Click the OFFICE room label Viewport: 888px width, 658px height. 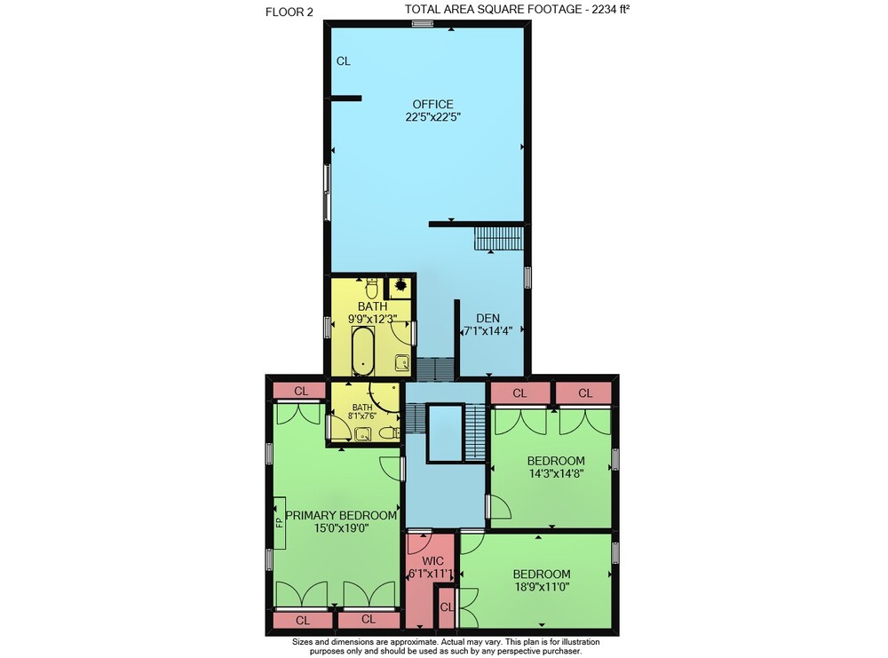[x=432, y=104]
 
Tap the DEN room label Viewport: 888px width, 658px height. [x=488, y=318]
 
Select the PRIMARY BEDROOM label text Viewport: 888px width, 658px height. [x=341, y=515]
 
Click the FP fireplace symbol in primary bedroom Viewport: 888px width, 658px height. [x=279, y=523]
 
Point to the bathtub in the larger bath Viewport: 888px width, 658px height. [x=362, y=351]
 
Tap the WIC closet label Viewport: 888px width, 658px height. [x=432, y=561]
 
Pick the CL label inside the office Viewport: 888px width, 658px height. [x=343, y=61]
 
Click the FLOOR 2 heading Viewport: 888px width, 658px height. [x=289, y=12]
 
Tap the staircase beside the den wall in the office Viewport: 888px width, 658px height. [x=498, y=238]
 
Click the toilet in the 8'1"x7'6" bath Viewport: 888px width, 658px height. [x=389, y=433]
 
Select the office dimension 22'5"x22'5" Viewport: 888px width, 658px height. [x=432, y=117]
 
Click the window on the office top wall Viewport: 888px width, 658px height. [x=422, y=23]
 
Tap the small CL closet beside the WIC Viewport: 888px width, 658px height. [x=447, y=607]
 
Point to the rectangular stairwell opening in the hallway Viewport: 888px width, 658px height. [x=445, y=433]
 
